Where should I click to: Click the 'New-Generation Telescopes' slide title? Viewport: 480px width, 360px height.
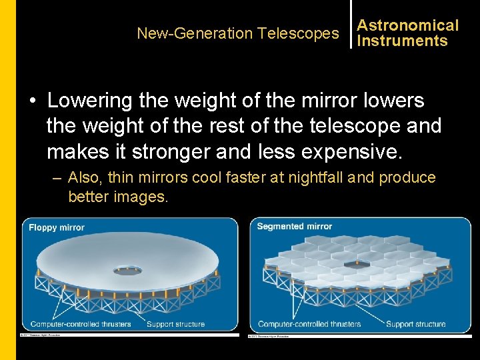(x=237, y=33)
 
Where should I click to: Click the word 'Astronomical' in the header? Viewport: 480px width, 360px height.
(x=407, y=25)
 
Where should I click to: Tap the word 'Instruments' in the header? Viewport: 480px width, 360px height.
(x=402, y=41)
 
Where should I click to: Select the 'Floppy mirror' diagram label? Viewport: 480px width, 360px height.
(x=57, y=227)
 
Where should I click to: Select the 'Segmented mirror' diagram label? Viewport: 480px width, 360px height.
(x=294, y=227)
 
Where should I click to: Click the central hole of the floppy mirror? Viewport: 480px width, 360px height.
(x=127, y=270)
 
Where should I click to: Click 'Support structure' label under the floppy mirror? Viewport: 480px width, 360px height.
(x=175, y=324)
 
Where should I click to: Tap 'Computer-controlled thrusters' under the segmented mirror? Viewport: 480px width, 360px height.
(x=309, y=324)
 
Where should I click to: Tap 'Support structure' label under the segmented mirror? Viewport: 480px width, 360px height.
(x=415, y=324)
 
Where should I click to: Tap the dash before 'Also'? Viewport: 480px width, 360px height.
(x=56, y=178)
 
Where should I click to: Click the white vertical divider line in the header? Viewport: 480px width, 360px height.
(x=351, y=25)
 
